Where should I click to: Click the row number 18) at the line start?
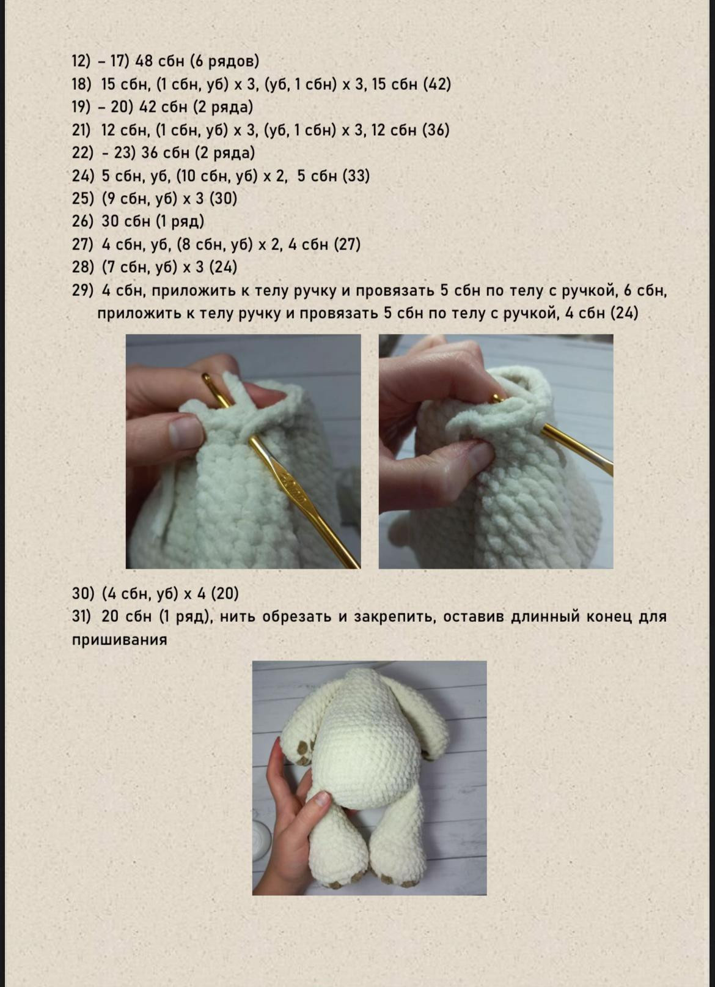pyautogui.click(x=82, y=84)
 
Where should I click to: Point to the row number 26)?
pyautogui.click(x=82, y=221)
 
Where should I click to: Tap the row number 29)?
pyautogui.click(x=82, y=290)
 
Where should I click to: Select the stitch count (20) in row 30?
pyautogui.click(x=224, y=594)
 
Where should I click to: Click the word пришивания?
pyautogui.click(x=119, y=640)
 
